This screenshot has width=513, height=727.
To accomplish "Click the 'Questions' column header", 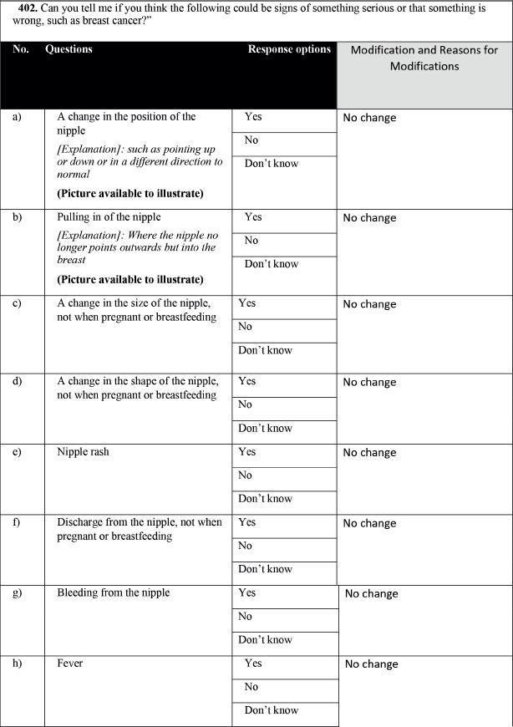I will click(x=69, y=49).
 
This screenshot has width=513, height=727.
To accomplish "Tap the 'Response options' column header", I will click(x=289, y=49).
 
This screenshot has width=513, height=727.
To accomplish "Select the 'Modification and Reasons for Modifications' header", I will click(x=424, y=58).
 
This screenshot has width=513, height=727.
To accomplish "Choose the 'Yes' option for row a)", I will click(x=253, y=117).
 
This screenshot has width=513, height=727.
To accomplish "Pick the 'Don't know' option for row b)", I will click(x=271, y=264).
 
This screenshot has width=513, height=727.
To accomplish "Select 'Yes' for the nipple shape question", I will click(x=247, y=381).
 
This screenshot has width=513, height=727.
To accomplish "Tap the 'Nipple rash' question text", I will click(x=83, y=452).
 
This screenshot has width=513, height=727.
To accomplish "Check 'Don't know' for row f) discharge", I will click(x=265, y=569).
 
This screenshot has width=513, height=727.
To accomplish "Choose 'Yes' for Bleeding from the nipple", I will click(x=247, y=592).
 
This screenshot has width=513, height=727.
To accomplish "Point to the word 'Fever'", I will click(x=70, y=663).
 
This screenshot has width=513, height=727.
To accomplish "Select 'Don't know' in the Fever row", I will click(x=271, y=710).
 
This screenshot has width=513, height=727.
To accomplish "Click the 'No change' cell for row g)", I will click(x=372, y=594).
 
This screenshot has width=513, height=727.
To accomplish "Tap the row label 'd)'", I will click(x=17, y=381).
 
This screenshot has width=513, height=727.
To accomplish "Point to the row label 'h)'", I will click(x=17, y=663).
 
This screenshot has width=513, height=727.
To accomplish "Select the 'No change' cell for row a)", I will click(x=369, y=118).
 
